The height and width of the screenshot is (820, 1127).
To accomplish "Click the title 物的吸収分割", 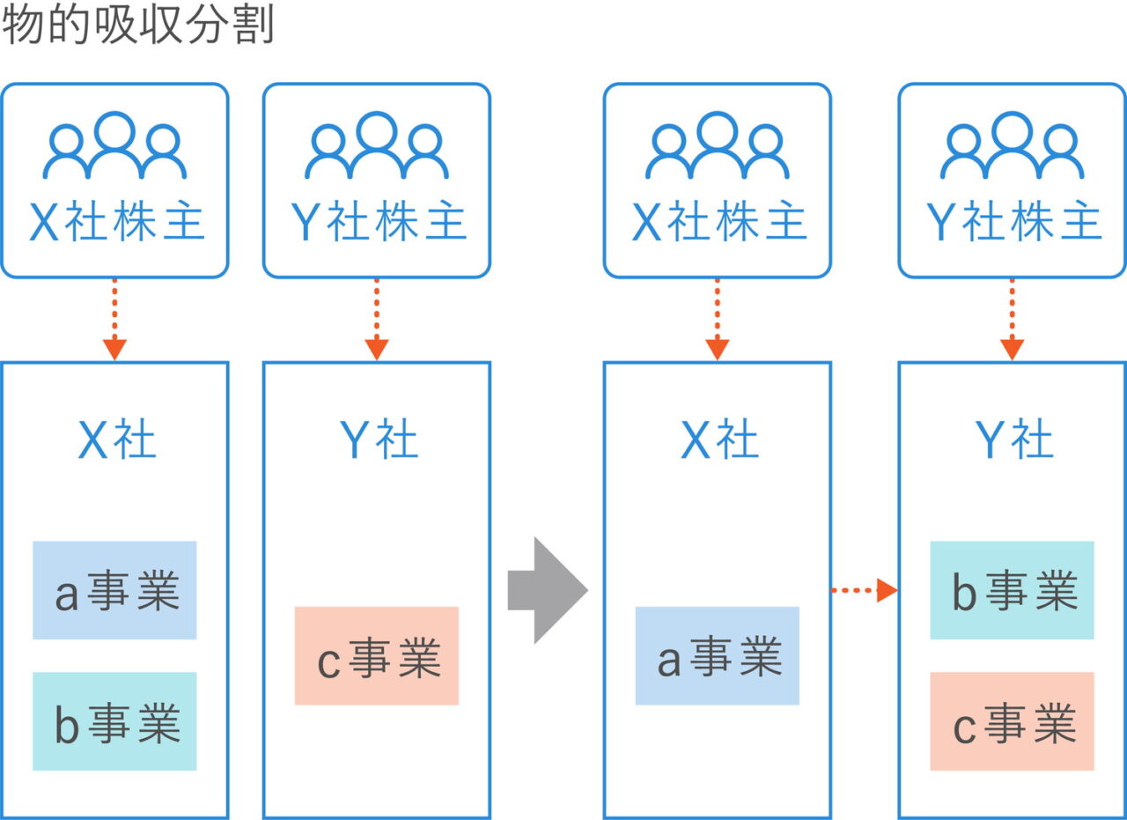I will click(138, 26).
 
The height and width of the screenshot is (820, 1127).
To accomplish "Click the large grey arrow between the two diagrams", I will click(547, 590).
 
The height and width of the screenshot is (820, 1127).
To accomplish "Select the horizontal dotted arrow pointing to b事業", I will click(863, 590).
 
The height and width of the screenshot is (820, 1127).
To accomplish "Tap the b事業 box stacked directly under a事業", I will click(114, 721).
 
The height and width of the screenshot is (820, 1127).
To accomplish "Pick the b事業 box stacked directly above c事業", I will click(1012, 590).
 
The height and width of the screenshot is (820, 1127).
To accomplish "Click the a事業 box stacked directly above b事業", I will click(114, 590).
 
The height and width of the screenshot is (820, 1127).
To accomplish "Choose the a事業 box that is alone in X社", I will click(717, 655).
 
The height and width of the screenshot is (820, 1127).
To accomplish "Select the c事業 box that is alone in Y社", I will click(376, 655).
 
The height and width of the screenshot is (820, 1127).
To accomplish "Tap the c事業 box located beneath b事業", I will click(1012, 721).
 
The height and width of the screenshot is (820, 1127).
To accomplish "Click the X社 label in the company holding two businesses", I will click(116, 440).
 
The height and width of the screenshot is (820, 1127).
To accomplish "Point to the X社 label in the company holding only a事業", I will click(718, 440).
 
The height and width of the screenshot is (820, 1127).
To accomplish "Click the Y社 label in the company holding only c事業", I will click(378, 440).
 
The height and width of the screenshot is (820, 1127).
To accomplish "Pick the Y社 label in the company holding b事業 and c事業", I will click(1013, 440).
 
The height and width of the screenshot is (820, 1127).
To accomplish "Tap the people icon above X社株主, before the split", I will click(114, 146).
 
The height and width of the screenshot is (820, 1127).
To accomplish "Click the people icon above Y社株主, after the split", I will click(1012, 146).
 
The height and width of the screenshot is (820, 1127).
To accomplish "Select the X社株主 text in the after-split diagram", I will click(718, 222).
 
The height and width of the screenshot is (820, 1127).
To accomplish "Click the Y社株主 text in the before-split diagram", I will click(378, 222).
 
